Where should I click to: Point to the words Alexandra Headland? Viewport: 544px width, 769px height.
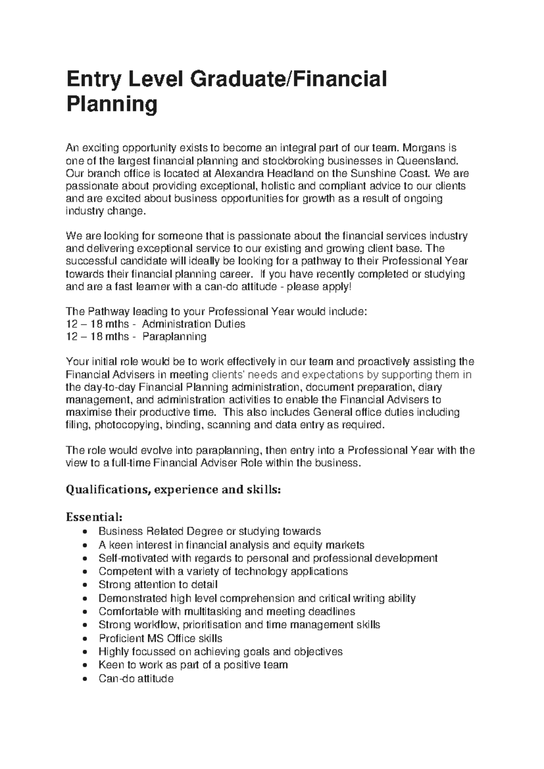[x=266, y=173]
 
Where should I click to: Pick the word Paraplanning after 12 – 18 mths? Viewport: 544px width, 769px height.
[x=174, y=336]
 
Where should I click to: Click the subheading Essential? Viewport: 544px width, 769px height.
[x=94, y=517]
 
